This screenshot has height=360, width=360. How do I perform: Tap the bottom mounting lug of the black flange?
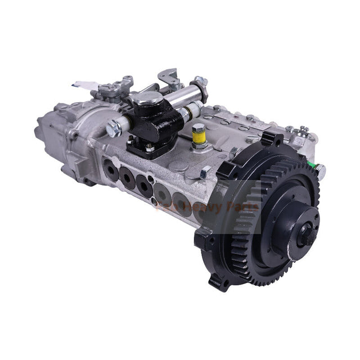[x=220, y=281]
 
